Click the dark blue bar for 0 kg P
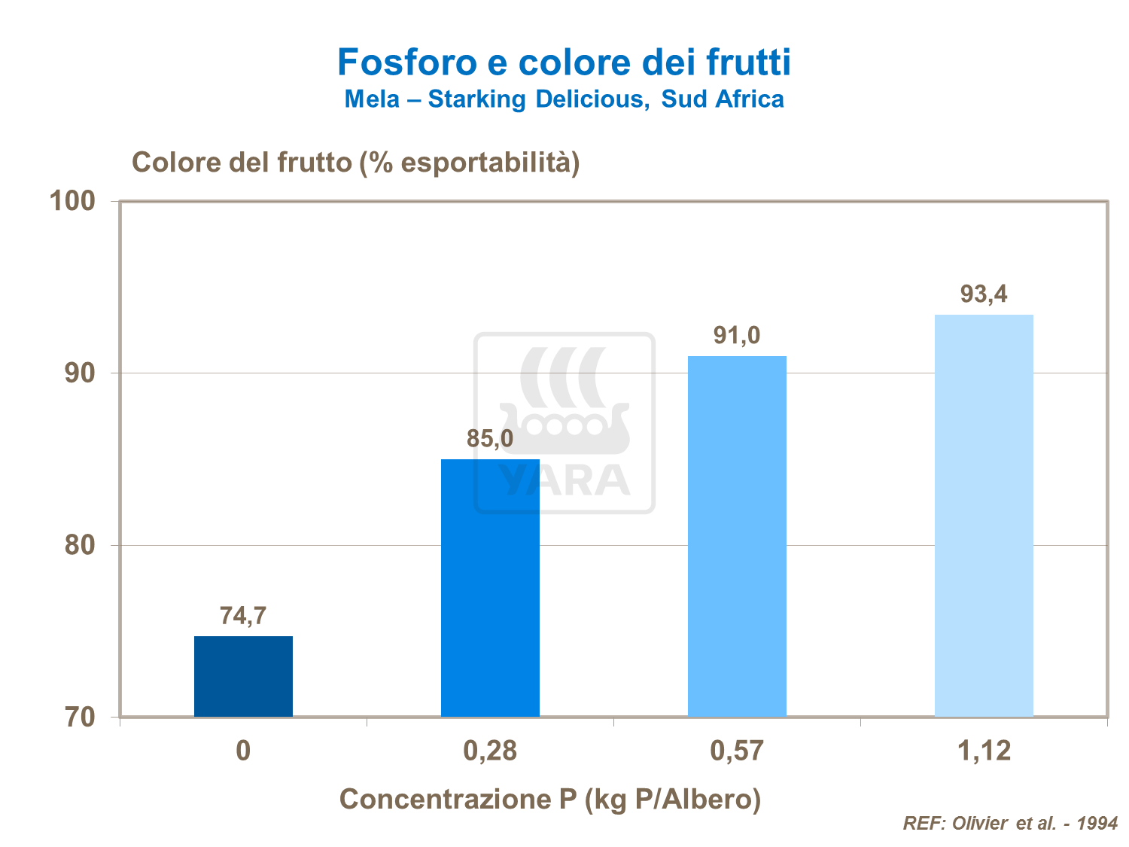243,675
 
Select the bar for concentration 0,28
490,587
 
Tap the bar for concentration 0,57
737,535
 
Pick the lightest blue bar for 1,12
984,515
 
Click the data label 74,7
243,616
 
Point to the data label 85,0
490,438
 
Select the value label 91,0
737,335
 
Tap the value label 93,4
984,294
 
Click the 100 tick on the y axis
72,201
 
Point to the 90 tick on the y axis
80,373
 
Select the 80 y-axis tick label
80,545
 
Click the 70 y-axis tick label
80,717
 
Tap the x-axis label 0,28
490,751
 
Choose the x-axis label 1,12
984,751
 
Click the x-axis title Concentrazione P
550,799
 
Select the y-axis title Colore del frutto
355,163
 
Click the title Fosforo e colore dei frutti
564,62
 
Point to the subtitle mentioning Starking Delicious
564,99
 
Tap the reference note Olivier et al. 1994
1010,823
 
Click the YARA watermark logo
564,423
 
